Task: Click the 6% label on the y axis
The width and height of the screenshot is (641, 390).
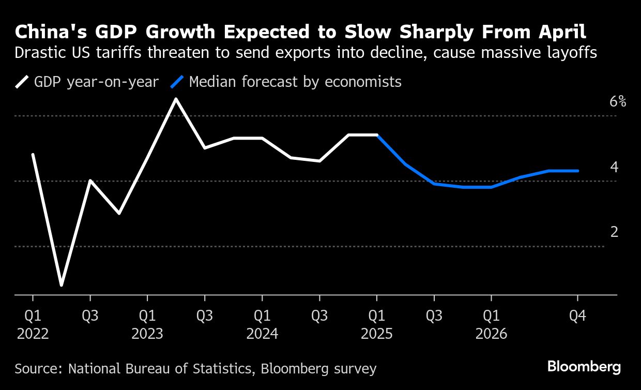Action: [x=618, y=101]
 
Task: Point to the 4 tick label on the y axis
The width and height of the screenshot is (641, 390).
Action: [x=614, y=167]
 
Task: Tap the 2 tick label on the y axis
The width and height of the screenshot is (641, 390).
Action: [x=614, y=232]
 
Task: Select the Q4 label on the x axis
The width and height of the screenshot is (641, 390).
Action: [x=577, y=315]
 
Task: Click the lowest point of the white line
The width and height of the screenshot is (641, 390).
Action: [x=62, y=285]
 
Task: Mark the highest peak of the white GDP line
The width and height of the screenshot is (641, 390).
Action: [x=176, y=98]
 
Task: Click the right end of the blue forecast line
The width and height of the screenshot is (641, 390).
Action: [x=577, y=171]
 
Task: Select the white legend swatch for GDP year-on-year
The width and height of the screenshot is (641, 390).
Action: [x=23, y=82]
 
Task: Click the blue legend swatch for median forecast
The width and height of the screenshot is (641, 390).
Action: [x=178, y=82]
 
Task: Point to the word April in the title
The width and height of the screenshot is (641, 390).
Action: [x=562, y=32]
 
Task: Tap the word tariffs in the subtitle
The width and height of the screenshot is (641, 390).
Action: [x=119, y=53]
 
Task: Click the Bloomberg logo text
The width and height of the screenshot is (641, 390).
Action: [x=584, y=367]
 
